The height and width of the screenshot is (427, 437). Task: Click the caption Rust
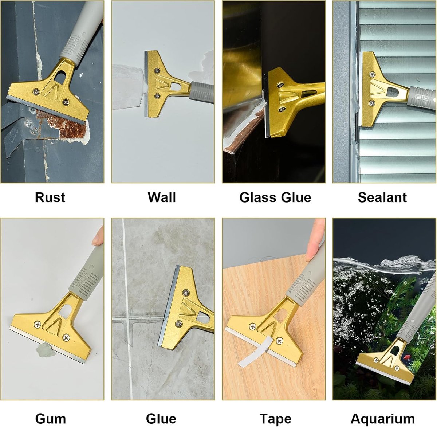(50, 197)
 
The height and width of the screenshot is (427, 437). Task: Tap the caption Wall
(162, 197)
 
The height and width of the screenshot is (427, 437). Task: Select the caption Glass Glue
(275, 197)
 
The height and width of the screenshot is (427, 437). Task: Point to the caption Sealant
(382, 197)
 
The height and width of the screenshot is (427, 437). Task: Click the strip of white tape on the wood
(256, 350)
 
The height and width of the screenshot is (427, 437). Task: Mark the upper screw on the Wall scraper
(157, 71)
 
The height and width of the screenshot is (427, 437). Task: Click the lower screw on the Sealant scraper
(372, 103)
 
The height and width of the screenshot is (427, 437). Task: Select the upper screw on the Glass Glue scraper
(280, 85)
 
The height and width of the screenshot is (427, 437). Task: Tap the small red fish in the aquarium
(406, 356)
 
